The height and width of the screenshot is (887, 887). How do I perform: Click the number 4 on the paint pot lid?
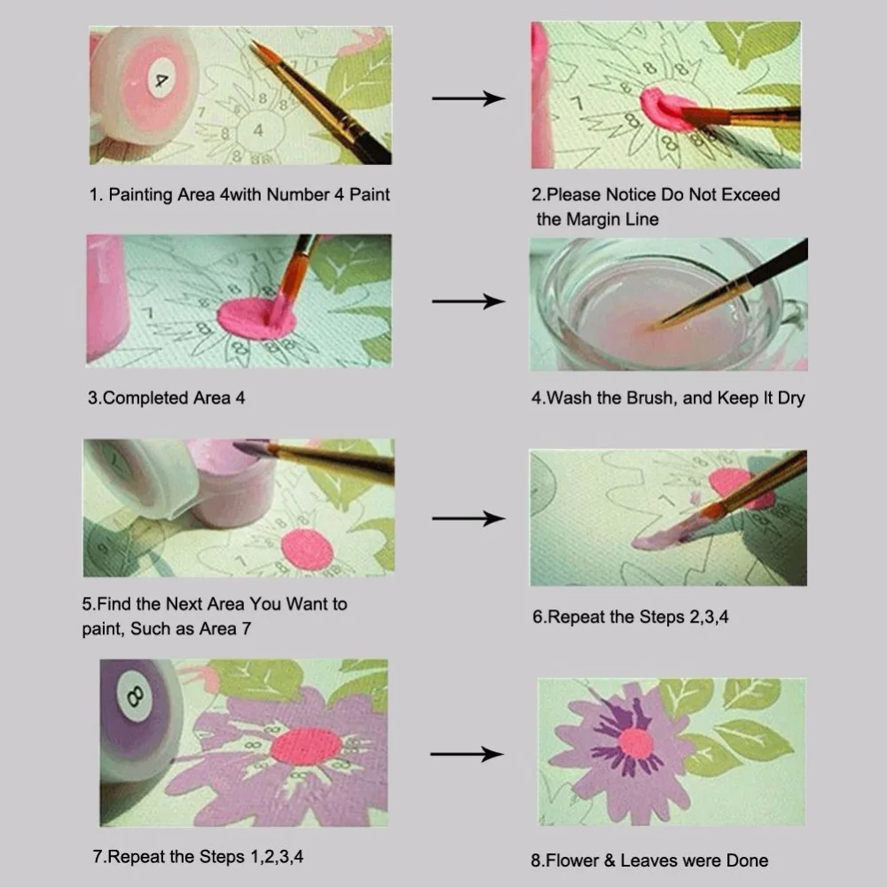161,80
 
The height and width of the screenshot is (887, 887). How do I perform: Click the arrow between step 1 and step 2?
467,98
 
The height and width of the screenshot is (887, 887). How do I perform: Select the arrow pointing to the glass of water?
467,302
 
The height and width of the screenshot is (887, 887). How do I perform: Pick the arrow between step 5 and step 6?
467,517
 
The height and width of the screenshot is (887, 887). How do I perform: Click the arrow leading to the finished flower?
467,755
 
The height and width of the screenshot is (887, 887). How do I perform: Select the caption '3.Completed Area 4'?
166,398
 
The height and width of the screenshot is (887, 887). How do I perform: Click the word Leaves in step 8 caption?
650,860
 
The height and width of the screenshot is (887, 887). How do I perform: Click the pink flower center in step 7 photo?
306,746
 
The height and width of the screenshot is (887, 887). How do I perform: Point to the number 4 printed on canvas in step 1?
258,130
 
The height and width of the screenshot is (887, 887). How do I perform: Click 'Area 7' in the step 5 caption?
226,629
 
